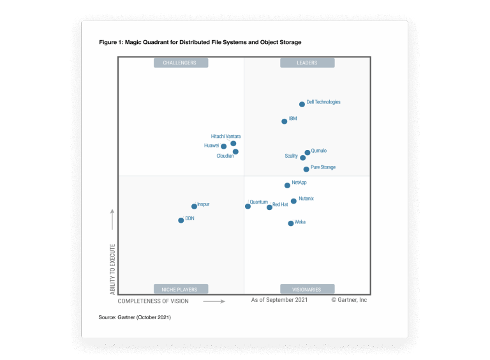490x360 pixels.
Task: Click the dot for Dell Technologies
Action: pos(302,104)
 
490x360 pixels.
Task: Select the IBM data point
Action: pos(285,121)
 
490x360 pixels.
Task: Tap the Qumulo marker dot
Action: pos(308,153)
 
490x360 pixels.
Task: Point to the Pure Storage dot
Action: pos(306,169)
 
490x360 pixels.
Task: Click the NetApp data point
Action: pos(287,185)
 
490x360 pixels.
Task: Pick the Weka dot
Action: pos(291,223)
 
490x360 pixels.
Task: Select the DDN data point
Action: pos(181,220)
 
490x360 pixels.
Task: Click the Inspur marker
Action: pos(194,206)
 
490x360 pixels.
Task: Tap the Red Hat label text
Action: pos(280,205)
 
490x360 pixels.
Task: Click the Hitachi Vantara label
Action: pos(226,136)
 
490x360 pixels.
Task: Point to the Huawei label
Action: pos(211,146)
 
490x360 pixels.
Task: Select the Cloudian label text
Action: pos(225,156)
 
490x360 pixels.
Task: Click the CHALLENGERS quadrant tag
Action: pos(180,63)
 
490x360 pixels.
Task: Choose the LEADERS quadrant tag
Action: pos(307,63)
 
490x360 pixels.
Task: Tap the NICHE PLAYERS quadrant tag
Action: pos(180,289)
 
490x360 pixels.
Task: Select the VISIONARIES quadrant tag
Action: pos(307,289)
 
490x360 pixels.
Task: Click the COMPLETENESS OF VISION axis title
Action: pos(153,301)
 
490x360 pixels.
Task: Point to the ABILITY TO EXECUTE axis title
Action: pos(113,268)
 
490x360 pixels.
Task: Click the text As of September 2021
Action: pos(279,300)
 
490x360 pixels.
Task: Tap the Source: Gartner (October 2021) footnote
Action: pos(135,317)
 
